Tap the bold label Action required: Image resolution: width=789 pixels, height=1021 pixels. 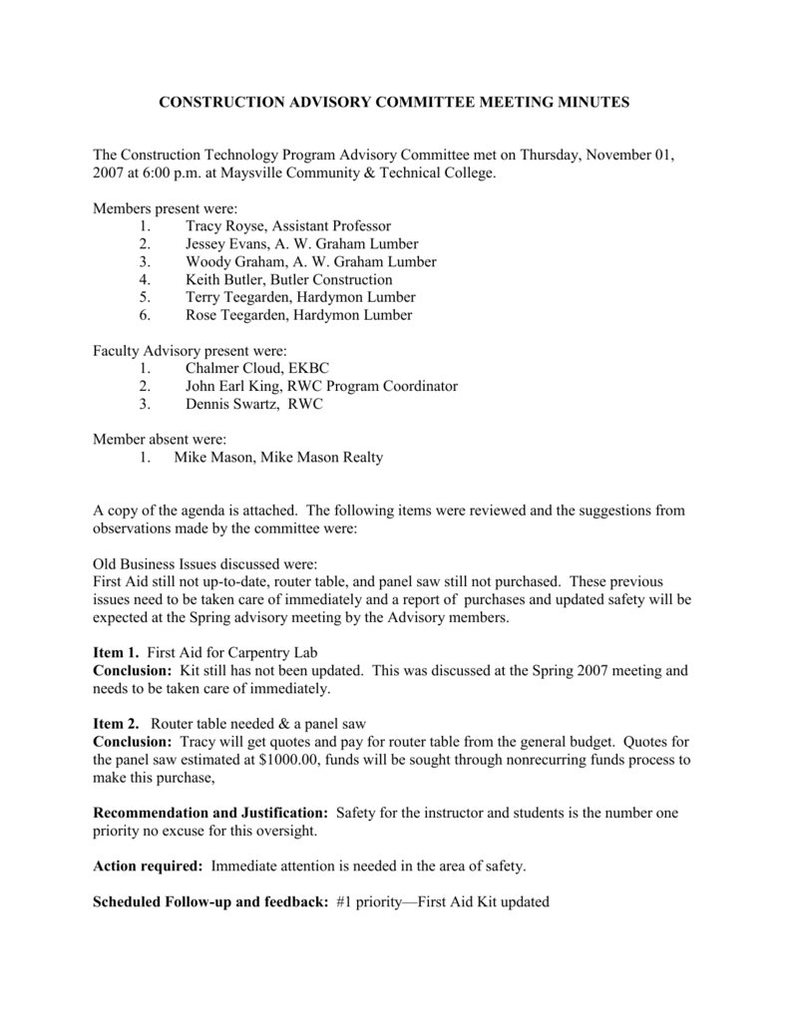click(x=149, y=866)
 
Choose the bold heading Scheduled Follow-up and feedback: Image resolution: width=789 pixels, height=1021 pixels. click(x=210, y=902)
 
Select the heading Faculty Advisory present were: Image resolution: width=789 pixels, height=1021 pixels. click(x=190, y=351)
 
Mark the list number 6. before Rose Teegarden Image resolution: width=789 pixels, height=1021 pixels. click(x=146, y=316)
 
